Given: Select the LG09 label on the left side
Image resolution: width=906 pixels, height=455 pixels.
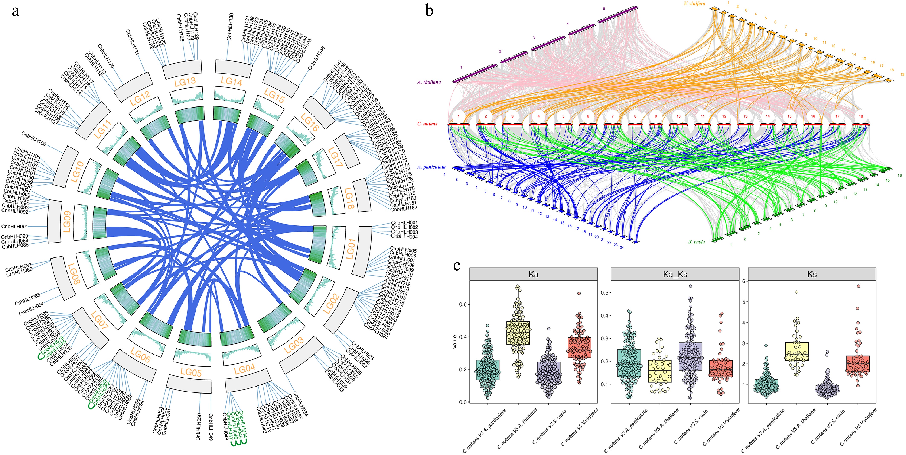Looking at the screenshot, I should click(x=67, y=221).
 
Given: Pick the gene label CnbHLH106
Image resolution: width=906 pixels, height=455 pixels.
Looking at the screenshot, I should click(x=34, y=139).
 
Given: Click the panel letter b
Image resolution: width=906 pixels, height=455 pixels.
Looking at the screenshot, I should click(x=429, y=11).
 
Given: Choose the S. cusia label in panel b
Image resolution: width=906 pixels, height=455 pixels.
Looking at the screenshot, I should click(x=696, y=242).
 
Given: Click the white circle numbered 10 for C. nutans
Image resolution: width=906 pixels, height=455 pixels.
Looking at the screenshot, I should click(x=678, y=116).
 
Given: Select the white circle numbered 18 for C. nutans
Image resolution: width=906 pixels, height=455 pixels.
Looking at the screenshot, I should click(x=861, y=116).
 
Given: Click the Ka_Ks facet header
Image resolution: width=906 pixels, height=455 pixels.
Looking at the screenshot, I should click(x=675, y=274).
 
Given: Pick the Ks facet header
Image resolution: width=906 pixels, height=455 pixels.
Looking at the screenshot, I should click(x=812, y=274).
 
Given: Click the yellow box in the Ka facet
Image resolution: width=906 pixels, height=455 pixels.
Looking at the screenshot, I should click(x=518, y=333).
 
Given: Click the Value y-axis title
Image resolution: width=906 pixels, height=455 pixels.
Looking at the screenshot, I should click(x=454, y=342).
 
